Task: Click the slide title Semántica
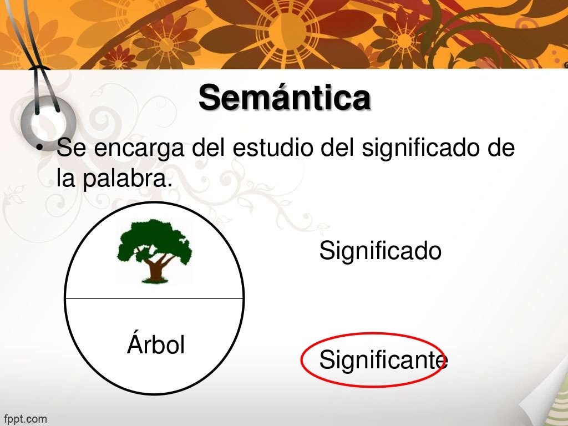[284, 98]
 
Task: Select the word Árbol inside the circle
[156, 345]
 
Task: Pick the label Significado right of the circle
[380, 251]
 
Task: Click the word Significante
[383, 361]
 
